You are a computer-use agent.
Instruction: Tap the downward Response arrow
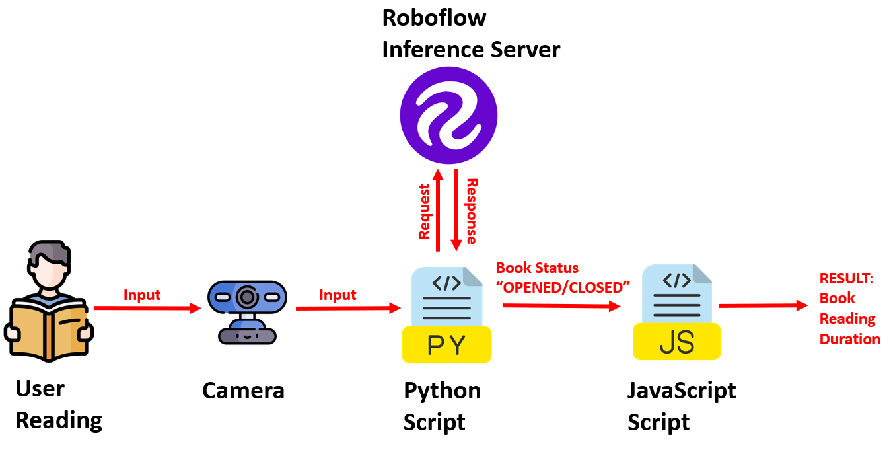coord(456,210)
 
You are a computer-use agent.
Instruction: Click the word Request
coord(424,211)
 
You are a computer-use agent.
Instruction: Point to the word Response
coord(471,211)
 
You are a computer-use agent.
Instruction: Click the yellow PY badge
coord(446,344)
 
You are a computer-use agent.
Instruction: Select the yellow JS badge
coord(676,342)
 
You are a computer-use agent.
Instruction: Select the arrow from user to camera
coord(147,307)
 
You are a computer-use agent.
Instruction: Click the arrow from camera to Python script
coord(348,308)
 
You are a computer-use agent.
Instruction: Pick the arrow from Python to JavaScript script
coord(561,306)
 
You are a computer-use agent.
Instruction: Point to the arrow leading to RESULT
coord(763,305)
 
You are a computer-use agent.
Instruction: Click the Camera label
coord(243,391)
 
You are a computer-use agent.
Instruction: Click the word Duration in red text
coord(849,339)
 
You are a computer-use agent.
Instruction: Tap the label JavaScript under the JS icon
coord(681,391)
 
